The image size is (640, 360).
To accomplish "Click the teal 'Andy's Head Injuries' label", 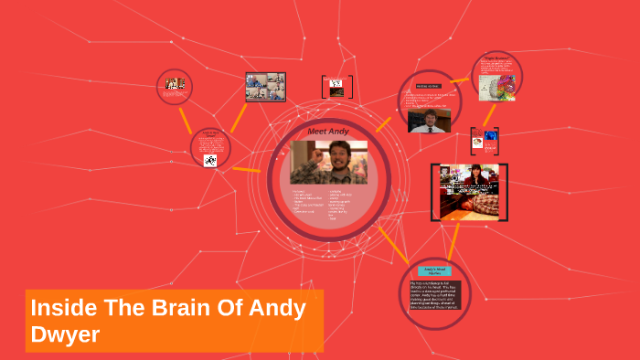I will tap(434, 270).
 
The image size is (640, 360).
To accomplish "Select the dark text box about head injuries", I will tap(434, 296).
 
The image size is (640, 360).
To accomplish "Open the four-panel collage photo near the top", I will tap(265, 87).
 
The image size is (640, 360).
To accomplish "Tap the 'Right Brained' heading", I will tap(496, 62).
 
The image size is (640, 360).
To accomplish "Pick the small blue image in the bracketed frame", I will tap(491, 136).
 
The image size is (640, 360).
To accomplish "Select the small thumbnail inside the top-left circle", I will tap(175, 83).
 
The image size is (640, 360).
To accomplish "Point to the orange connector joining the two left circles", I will tap(186, 117).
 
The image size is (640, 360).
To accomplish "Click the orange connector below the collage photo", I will tap(240, 116).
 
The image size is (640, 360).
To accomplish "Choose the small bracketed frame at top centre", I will tap(336, 87).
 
